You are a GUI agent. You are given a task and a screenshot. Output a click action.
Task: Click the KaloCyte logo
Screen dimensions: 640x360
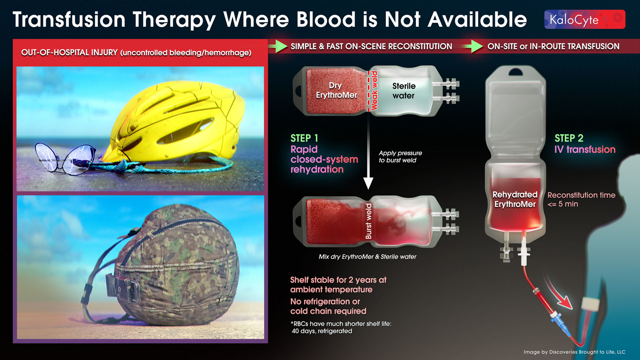coord(584,20)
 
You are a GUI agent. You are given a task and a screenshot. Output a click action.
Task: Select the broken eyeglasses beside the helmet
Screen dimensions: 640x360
coord(66,159)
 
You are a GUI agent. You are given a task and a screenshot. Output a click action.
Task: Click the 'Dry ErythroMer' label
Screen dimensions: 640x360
coord(336,90)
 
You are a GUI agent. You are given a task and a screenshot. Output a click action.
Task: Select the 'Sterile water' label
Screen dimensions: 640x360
coord(404,91)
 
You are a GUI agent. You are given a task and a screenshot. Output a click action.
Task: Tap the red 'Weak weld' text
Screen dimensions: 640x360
coord(374,91)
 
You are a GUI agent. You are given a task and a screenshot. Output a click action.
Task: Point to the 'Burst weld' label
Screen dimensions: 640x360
coord(368,221)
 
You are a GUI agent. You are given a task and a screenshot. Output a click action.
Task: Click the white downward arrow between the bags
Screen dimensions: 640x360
coord(368,152)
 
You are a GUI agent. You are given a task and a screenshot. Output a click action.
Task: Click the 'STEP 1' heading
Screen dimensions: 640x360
coord(304,138)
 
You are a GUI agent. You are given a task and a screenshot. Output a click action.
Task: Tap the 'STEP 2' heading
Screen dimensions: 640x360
coord(569,138)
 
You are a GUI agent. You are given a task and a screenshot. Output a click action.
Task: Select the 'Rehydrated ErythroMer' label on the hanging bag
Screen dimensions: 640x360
coord(515,200)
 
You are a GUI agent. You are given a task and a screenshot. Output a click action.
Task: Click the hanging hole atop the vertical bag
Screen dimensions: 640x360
coord(516,72)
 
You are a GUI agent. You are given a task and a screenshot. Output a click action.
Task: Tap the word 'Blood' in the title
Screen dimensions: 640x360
coord(326,20)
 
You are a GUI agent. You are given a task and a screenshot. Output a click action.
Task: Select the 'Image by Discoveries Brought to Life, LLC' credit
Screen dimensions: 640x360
coord(574,352)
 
